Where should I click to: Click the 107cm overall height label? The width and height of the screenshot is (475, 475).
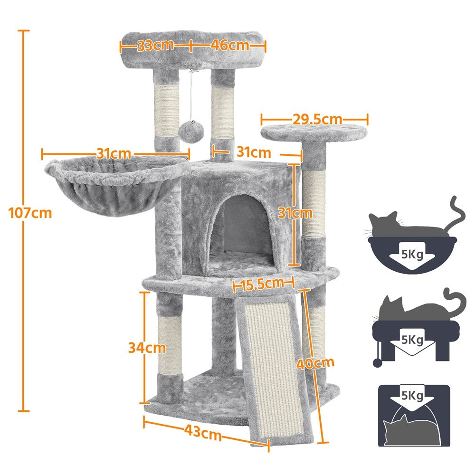[30, 213]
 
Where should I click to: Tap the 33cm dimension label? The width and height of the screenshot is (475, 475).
[155, 46]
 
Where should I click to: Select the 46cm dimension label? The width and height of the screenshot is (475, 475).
[230, 45]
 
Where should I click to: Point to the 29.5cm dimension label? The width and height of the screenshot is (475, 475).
[317, 119]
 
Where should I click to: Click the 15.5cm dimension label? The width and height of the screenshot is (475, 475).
[263, 284]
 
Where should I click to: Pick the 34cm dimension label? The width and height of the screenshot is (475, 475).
[147, 348]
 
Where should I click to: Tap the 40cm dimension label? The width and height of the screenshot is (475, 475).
[315, 363]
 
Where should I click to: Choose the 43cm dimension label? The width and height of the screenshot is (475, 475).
[203, 432]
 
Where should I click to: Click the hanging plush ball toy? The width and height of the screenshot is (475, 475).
[191, 131]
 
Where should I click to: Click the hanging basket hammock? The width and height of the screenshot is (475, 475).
[115, 186]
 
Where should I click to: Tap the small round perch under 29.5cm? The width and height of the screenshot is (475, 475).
[314, 133]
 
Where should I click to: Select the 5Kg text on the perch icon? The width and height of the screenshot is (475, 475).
[412, 339]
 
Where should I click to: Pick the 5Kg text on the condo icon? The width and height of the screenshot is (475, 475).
[412, 395]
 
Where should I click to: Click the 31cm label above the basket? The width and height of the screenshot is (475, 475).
[114, 153]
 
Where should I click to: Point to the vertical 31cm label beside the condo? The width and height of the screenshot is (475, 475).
[295, 213]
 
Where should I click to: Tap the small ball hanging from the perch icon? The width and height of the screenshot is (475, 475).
[377, 362]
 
